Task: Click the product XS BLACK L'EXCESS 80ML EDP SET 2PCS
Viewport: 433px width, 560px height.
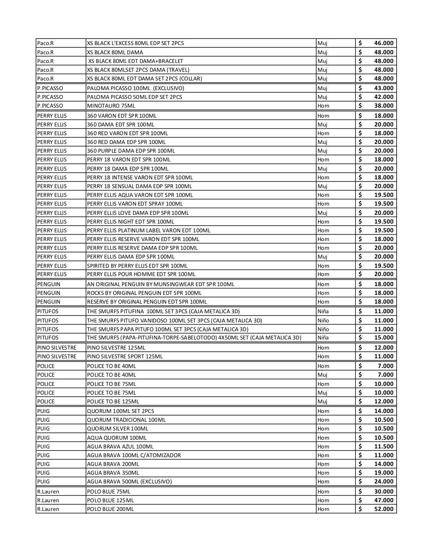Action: (x=135, y=43)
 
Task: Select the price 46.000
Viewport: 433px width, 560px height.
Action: (x=384, y=43)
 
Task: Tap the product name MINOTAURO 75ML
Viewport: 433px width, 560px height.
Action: (x=111, y=106)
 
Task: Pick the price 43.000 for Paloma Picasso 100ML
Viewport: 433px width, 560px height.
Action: (x=384, y=88)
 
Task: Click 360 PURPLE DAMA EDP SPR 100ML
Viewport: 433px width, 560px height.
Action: (x=131, y=151)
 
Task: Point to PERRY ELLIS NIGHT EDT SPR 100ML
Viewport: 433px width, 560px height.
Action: (x=130, y=221)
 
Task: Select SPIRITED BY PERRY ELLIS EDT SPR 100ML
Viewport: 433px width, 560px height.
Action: (x=137, y=266)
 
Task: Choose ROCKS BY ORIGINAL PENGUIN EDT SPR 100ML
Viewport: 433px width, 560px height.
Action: (x=144, y=293)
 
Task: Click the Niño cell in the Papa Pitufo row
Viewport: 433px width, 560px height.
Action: (x=323, y=329)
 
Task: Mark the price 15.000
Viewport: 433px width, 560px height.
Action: (x=384, y=338)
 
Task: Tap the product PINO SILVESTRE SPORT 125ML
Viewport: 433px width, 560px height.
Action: (x=125, y=357)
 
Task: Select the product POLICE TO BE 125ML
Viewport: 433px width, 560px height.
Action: (x=113, y=402)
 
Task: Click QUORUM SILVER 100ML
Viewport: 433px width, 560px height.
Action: (x=118, y=429)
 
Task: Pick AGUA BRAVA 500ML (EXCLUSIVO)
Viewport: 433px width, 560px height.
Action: (x=129, y=482)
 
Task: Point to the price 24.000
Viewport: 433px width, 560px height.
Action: (x=384, y=482)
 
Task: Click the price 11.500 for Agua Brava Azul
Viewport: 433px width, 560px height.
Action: (x=384, y=447)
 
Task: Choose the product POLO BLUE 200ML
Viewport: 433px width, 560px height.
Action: (x=110, y=509)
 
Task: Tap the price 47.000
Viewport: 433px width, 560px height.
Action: (x=384, y=500)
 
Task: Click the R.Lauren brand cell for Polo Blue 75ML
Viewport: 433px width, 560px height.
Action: (x=48, y=492)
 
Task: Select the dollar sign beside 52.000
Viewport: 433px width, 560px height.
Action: (x=360, y=509)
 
